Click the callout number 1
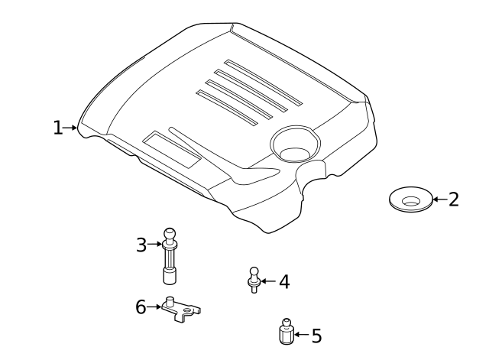[58, 128]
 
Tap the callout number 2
[454, 199]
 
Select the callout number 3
[141, 245]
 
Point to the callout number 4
[284, 281]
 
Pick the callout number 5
[316, 336]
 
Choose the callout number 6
[141, 306]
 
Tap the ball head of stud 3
[170, 234]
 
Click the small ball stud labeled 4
[254, 280]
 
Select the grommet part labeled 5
[287, 332]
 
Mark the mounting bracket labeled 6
[180, 310]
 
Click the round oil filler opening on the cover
[295, 144]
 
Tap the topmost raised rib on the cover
[263, 83]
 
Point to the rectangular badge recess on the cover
[171, 150]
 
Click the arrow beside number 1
[70, 128]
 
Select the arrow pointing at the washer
[440, 199]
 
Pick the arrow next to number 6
[154, 307]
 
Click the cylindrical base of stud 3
[170, 276]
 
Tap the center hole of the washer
[411, 202]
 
